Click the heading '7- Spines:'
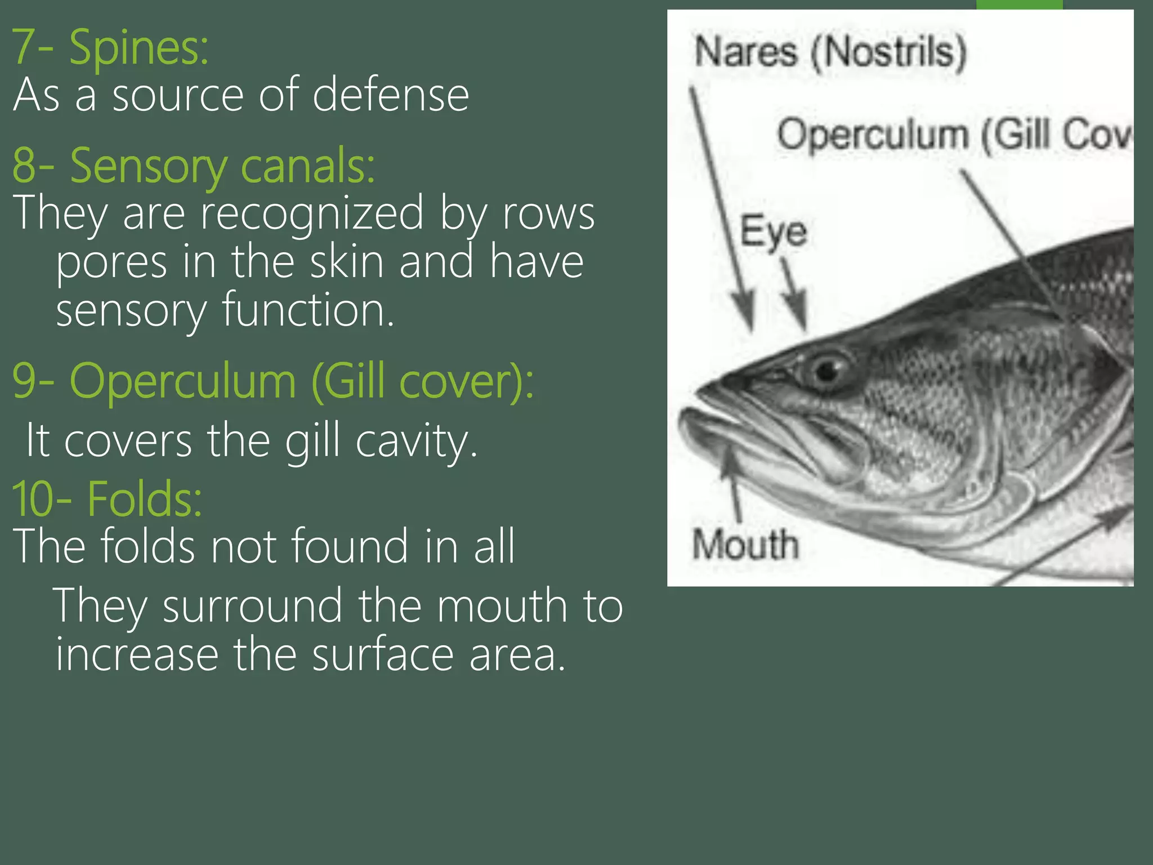[110, 47]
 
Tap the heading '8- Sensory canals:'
[194, 166]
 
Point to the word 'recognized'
[312, 213]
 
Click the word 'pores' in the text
[111, 262]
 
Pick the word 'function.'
[308, 310]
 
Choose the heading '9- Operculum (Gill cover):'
[273, 382]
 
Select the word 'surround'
[252, 606]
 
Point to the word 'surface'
[382, 654]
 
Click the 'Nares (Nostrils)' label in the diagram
[830, 52]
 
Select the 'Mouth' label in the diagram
[745, 545]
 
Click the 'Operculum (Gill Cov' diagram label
[954, 135]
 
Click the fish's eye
[828, 369]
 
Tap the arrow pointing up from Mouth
[732, 479]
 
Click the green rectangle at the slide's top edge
[1019, 5]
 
